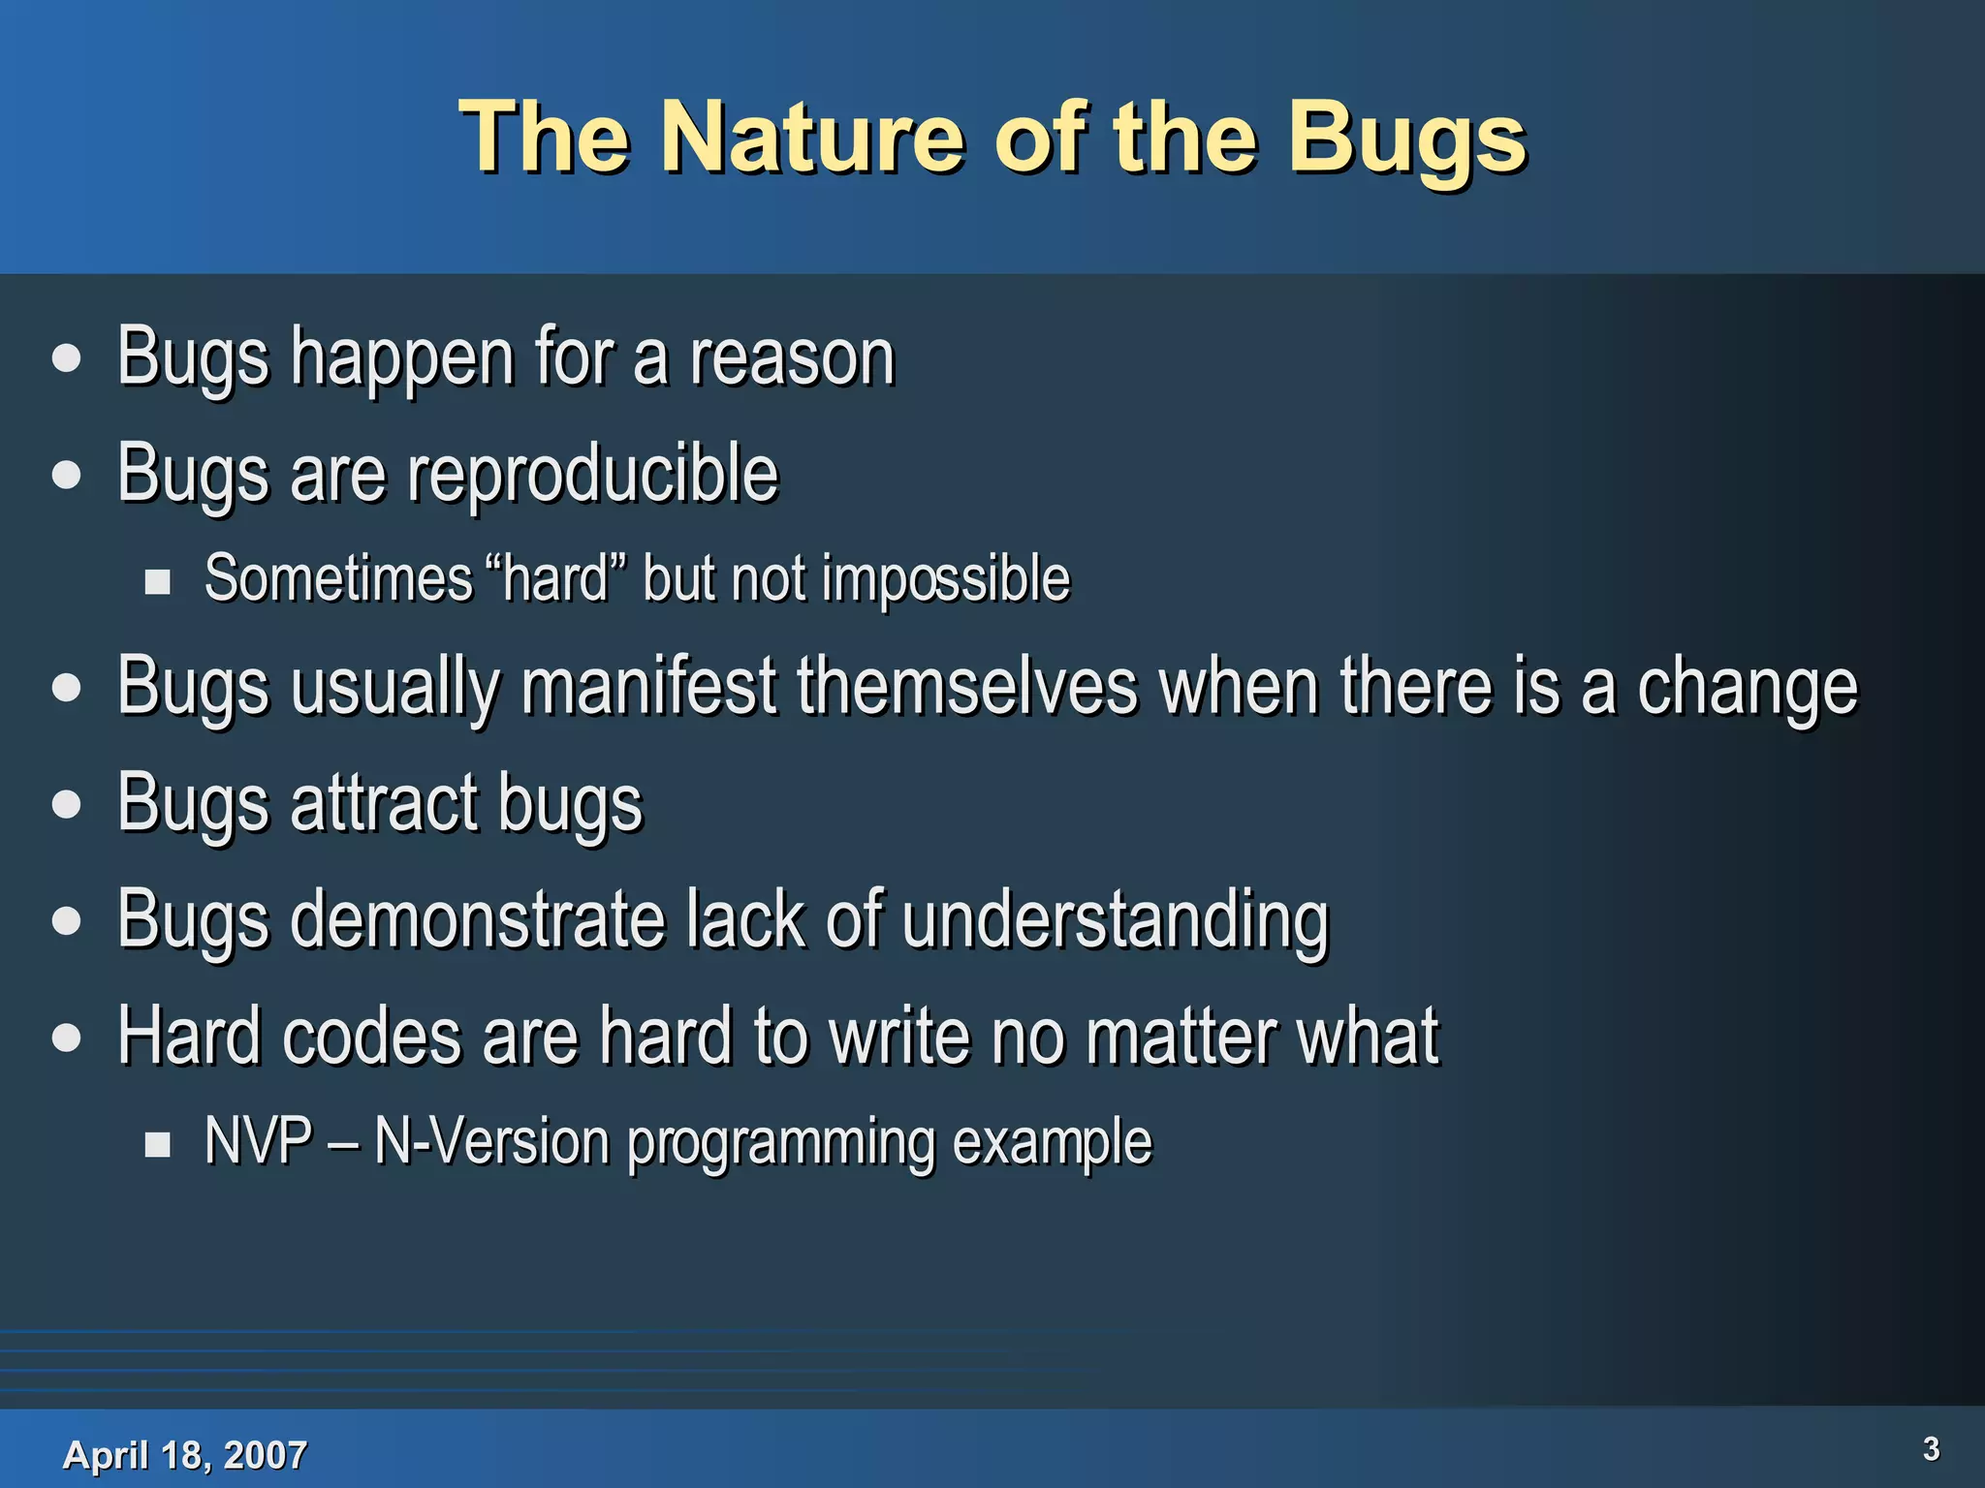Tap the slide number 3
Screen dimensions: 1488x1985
tap(1931, 1448)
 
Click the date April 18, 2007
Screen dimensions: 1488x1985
tap(184, 1454)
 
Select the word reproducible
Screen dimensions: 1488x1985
tap(592, 475)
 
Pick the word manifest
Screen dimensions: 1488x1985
tap(648, 687)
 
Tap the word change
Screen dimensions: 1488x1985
tap(1748, 687)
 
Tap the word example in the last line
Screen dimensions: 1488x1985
tap(1053, 1143)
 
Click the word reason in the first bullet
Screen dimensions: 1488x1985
tap(792, 358)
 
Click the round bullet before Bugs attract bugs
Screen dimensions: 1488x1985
tap(67, 804)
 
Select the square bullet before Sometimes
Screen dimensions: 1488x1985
tap(157, 582)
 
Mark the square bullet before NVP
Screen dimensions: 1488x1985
tap(157, 1145)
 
